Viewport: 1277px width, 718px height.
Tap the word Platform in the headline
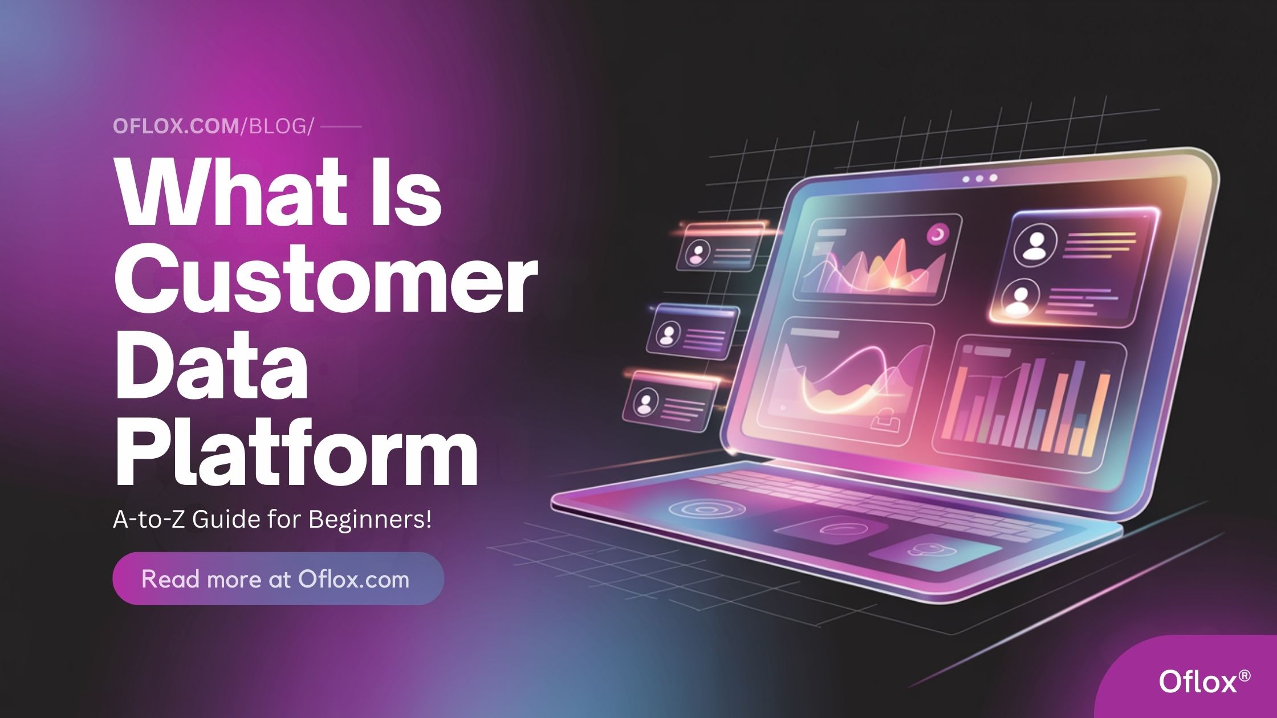(296, 454)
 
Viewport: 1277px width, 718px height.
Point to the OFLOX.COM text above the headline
(176, 127)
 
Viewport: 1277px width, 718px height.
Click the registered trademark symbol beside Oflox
(1245, 675)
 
